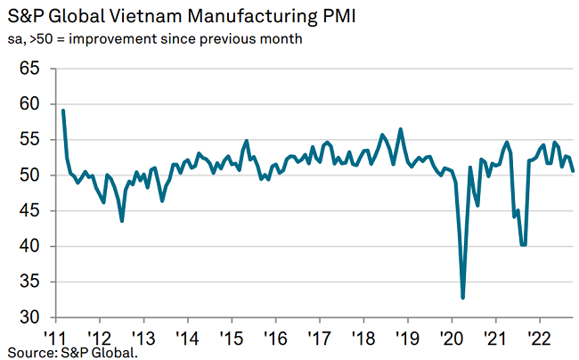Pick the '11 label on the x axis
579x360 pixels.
[56, 339]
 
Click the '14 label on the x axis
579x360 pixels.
[187, 339]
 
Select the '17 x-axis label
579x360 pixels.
[318, 339]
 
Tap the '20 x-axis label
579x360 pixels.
[450, 339]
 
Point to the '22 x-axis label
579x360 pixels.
[537, 339]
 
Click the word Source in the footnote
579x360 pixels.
[28, 354]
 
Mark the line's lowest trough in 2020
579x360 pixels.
[463, 298]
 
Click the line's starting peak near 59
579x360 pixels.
[63, 110]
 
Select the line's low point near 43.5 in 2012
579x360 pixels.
[122, 221]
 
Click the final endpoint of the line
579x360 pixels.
[573, 171]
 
